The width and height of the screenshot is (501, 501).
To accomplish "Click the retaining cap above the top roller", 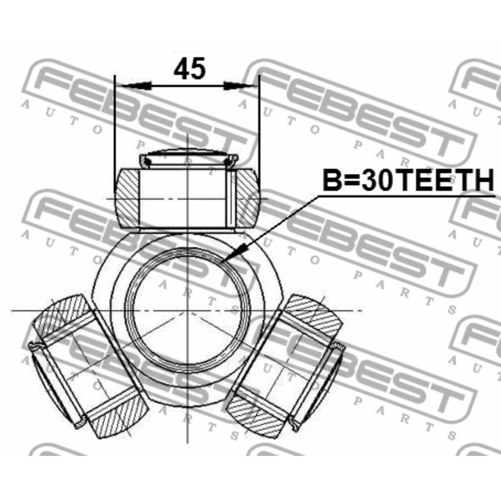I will (x=188, y=157).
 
